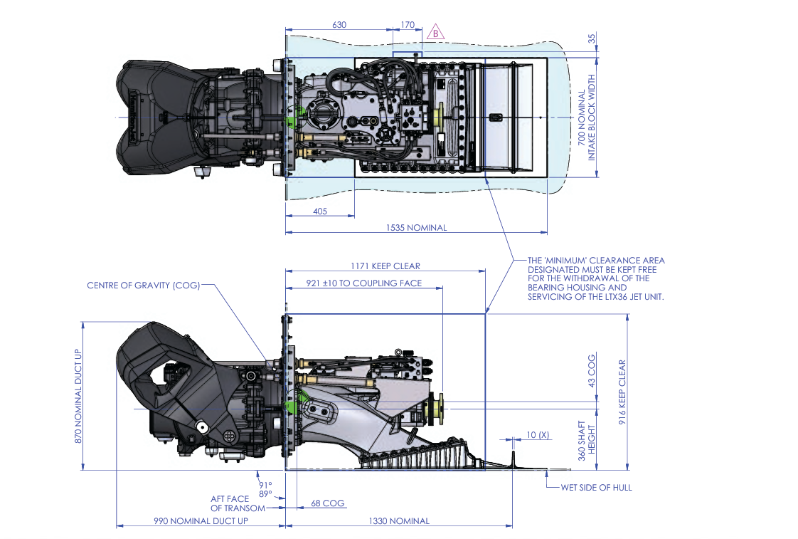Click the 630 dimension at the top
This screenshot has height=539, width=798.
tap(339, 25)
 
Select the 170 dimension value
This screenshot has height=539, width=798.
tap(408, 25)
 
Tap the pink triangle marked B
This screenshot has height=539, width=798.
tap(435, 33)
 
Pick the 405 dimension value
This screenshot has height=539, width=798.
tap(319, 211)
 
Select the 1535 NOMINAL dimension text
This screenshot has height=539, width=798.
tap(416, 228)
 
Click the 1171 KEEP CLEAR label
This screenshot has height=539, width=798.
tap(385, 266)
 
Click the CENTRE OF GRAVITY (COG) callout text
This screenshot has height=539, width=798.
tap(143, 286)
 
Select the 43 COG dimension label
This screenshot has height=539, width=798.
tap(592, 371)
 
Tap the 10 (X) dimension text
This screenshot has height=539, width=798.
tap(538, 434)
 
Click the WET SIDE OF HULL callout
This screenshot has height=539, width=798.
tap(596, 487)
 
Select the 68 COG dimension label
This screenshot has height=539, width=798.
tap(327, 503)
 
